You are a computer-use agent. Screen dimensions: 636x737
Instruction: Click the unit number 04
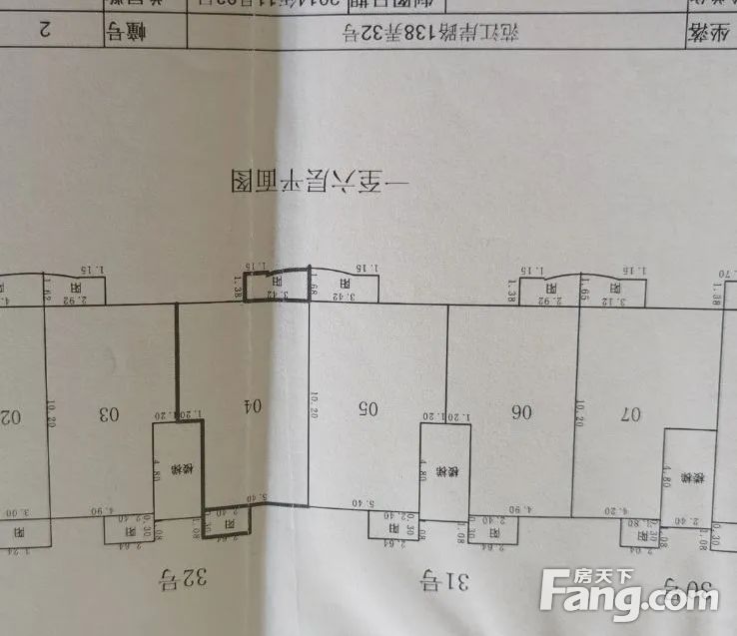coord(254,406)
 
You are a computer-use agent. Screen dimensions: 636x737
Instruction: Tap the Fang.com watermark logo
coord(628,593)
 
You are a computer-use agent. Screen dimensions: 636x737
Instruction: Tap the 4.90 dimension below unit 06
coord(522,511)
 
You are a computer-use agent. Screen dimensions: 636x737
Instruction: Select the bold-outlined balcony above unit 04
coord(277,288)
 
